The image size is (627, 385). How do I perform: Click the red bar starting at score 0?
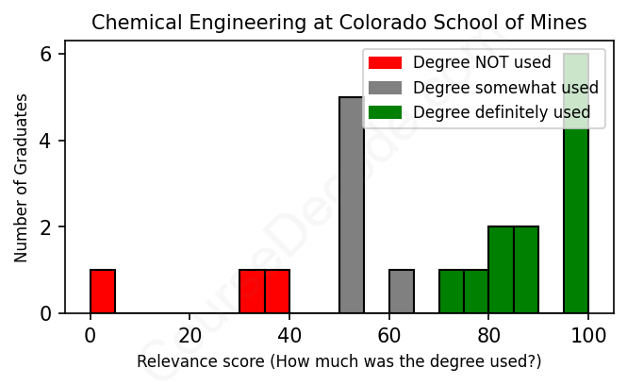[x=103, y=292]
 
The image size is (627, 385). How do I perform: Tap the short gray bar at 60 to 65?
[x=402, y=292]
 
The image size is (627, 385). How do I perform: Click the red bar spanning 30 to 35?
[x=252, y=292]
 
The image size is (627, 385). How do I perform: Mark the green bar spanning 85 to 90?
[x=526, y=270]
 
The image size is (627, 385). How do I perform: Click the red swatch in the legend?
[x=385, y=62]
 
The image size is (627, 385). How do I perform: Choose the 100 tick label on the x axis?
[x=588, y=335]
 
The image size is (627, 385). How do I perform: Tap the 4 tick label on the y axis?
[x=45, y=141]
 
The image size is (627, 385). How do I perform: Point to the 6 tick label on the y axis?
[x=45, y=55]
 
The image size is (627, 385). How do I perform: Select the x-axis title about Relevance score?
[x=339, y=361]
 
